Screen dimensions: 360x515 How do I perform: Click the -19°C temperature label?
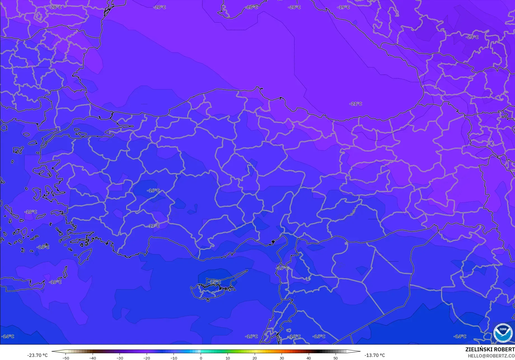(x=343, y=7)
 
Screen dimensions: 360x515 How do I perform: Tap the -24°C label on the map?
(x=472, y=37)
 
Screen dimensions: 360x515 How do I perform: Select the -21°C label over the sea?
(x=356, y=104)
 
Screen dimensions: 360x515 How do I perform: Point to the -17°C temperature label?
(x=153, y=226)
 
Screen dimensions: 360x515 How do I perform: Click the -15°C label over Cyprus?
(x=214, y=282)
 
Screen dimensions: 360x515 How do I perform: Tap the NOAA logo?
(x=503, y=333)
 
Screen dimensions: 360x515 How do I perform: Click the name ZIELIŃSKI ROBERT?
(x=490, y=350)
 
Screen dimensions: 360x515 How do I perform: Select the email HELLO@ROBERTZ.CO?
(x=491, y=356)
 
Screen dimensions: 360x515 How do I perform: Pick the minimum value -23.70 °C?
(x=37, y=356)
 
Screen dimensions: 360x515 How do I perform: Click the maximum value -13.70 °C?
(x=374, y=356)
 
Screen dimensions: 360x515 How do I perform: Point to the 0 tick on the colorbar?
(x=201, y=358)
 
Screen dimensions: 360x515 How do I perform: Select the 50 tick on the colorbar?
(x=336, y=358)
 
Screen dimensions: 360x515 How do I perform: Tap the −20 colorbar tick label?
(x=147, y=358)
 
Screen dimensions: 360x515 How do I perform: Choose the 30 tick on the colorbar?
(x=282, y=358)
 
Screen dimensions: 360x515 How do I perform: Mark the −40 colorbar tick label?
(x=93, y=358)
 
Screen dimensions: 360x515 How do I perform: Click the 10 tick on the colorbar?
(x=228, y=358)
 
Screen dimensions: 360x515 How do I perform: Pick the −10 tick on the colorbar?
(x=174, y=358)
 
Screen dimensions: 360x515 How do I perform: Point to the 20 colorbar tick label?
(x=255, y=358)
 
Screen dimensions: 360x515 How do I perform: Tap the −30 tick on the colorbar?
(x=120, y=358)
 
